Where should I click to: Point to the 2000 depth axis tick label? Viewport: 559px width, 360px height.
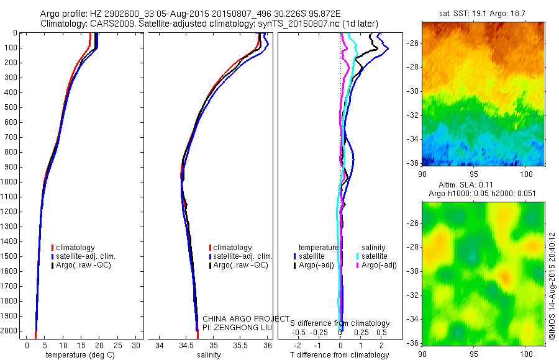pyautogui.click(x=9, y=331)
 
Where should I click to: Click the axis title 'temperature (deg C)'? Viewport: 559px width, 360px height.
pyautogui.click(x=78, y=355)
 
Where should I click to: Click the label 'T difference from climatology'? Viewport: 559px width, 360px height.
pyautogui.click(x=339, y=355)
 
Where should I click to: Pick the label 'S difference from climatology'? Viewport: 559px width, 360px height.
pyautogui.click(x=340, y=323)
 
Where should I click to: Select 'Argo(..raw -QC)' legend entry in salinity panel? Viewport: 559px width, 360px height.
pyautogui.click(x=240, y=265)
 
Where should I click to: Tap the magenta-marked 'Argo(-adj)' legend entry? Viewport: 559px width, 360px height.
pyautogui.click(x=379, y=265)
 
